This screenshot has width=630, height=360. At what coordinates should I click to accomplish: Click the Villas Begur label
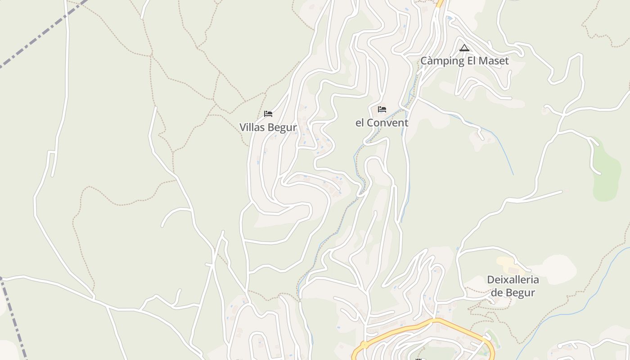pyautogui.click(x=268, y=127)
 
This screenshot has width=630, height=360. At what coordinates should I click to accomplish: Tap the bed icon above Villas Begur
pyautogui.click(x=268, y=114)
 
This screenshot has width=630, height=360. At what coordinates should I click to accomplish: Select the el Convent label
pyautogui.click(x=382, y=123)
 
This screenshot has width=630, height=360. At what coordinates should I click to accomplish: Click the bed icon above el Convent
pyautogui.click(x=382, y=109)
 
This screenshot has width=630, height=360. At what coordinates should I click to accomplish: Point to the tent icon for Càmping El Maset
pyautogui.click(x=464, y=48)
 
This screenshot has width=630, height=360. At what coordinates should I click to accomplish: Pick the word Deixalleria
pyautogui.click(x=513, y=279)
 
